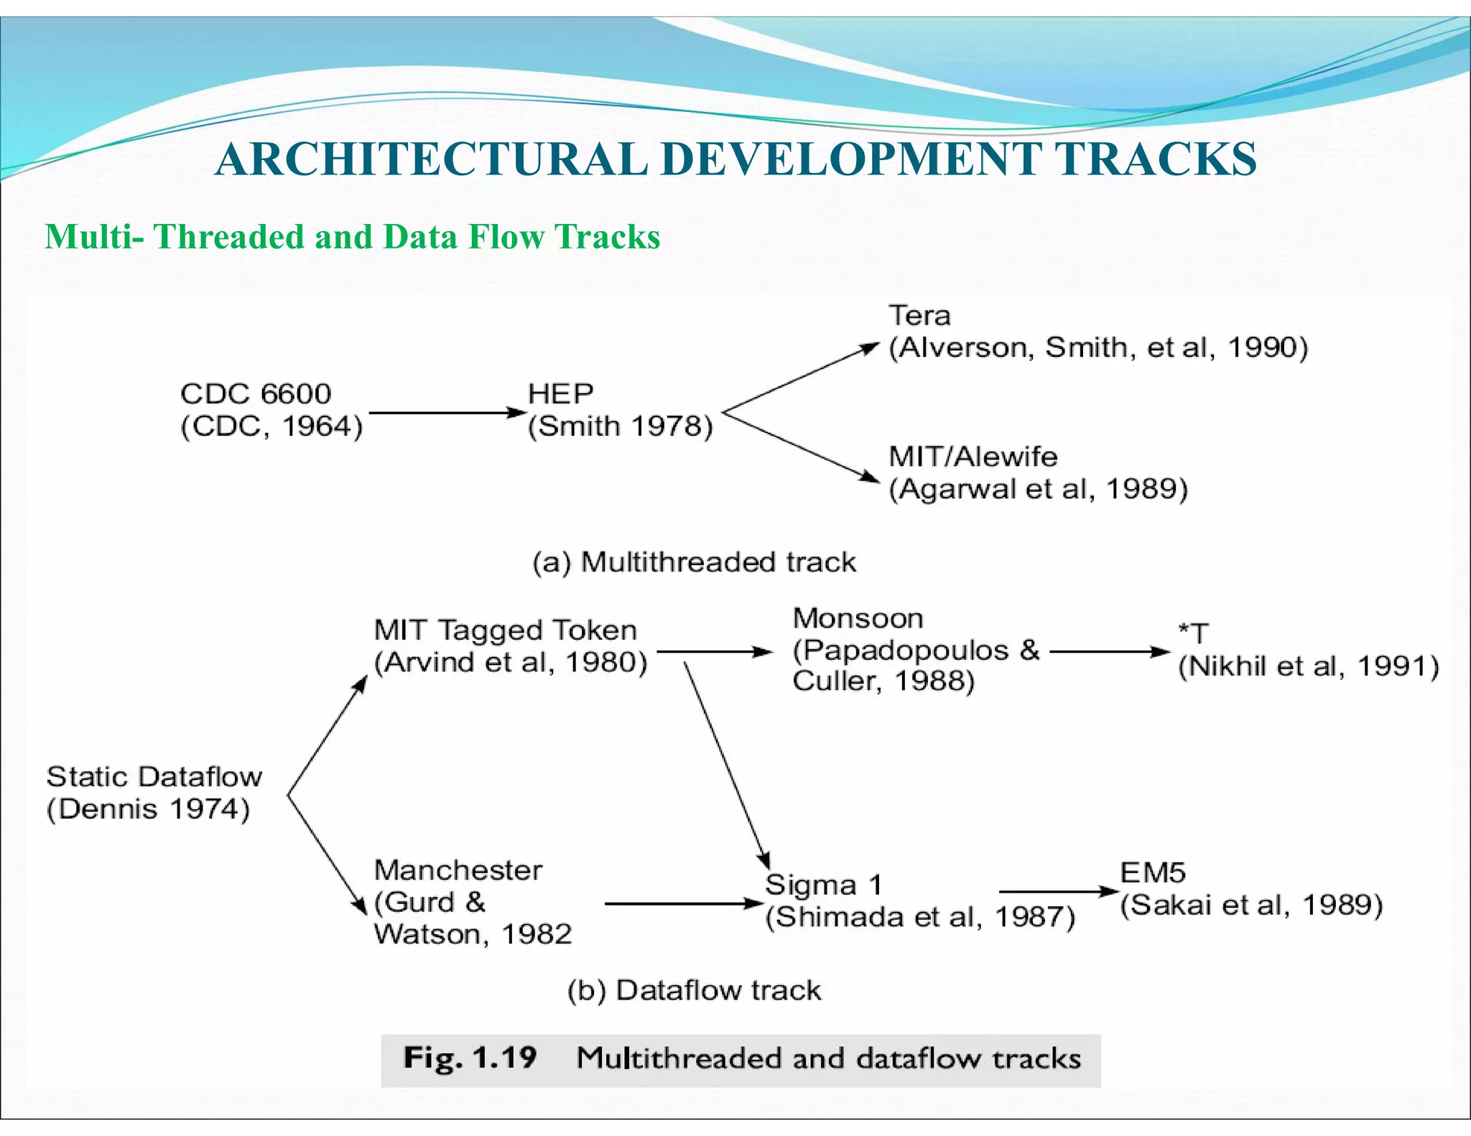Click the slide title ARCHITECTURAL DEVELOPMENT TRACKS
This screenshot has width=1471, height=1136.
point(735,159)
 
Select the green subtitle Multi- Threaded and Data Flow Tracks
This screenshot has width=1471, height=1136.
point(352,237)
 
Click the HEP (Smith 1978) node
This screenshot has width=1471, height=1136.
point(620,410)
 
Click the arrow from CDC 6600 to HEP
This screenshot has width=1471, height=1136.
point(447,413)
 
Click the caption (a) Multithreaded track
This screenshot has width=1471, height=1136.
point(694,562)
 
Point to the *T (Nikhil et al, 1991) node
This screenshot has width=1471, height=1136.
point(1308,651)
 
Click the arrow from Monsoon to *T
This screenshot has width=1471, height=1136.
point(1110,652)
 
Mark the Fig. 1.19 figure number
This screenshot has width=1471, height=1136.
point(470,1058)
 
